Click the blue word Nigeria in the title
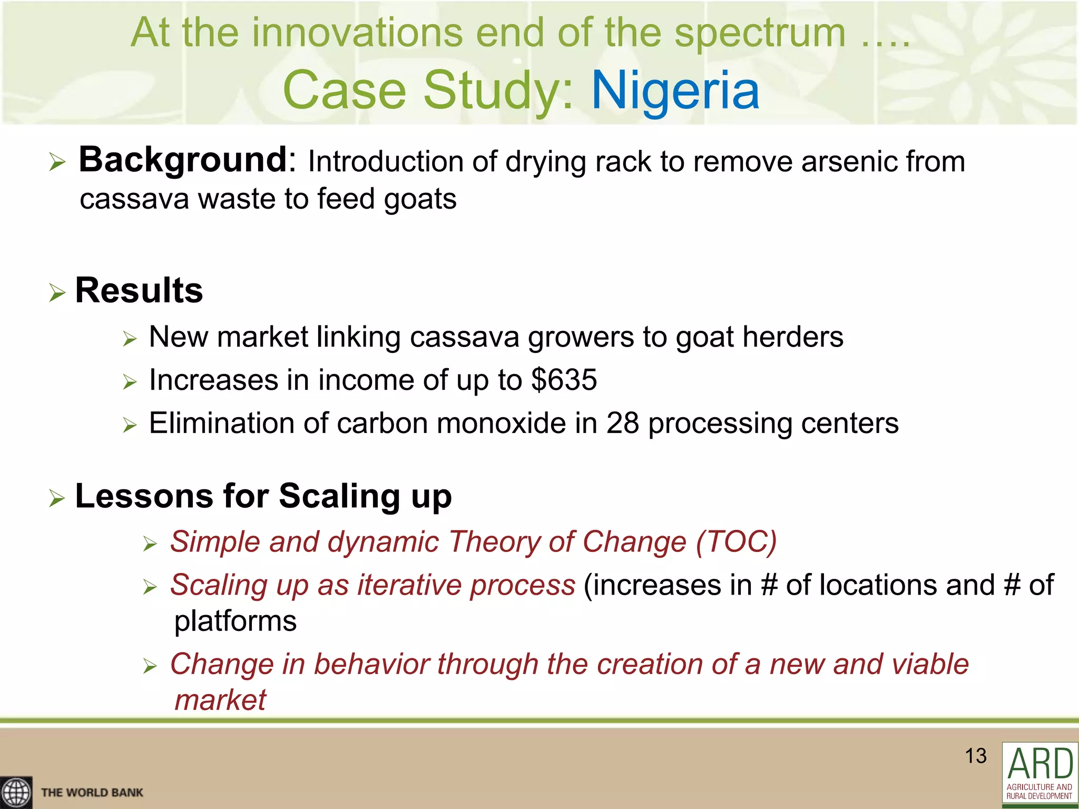675,91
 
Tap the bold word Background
182,160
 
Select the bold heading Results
139,290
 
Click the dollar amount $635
564,380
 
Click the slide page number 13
975,756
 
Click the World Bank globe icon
16,792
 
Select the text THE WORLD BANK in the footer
92,793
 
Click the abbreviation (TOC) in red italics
736,541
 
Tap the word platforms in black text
236,621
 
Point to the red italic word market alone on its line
220,700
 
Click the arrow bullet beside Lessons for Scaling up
57,498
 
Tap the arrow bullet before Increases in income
130,381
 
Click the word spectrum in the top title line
760,33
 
